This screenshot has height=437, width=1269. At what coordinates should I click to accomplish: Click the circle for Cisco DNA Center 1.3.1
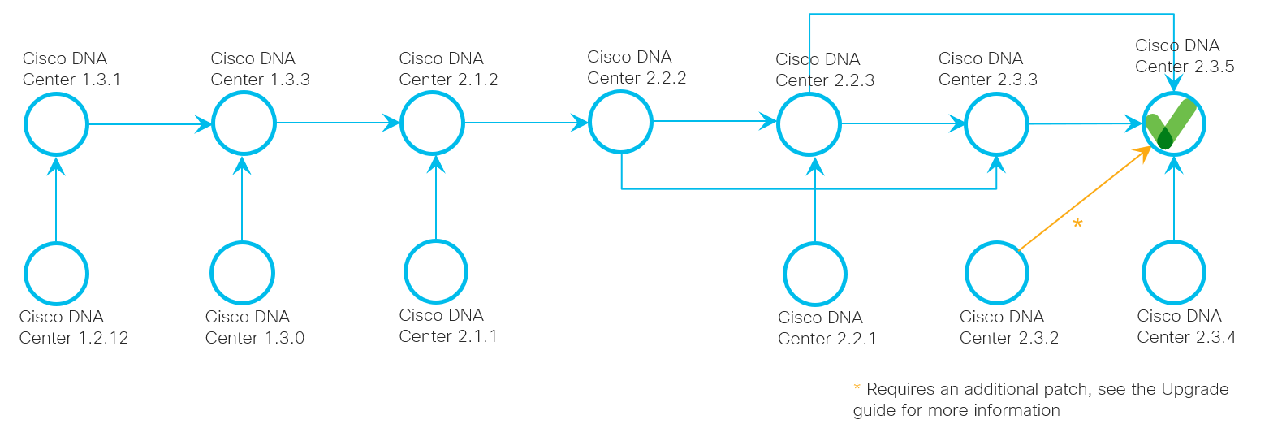click(55, 124)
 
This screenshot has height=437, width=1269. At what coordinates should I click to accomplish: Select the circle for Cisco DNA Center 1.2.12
click(55, 273)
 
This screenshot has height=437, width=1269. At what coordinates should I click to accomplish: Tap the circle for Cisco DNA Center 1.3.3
click(244, 124)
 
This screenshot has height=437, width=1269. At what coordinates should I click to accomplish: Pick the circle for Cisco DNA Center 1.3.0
click(242, 273)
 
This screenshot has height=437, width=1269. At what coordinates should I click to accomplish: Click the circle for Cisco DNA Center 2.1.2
click(432, 123)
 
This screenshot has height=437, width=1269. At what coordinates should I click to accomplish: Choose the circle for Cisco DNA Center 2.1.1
click(436, 271)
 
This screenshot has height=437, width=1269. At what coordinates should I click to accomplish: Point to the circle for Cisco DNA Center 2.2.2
click(620, 122)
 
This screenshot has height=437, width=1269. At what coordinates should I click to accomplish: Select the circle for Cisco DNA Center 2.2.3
click(809, 124)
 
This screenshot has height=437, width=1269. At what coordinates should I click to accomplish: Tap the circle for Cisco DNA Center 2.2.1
click(815, 274)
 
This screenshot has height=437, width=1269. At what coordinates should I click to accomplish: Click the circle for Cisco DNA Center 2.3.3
click(996, 124)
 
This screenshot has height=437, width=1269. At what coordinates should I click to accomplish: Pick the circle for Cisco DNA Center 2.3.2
click(997, 273)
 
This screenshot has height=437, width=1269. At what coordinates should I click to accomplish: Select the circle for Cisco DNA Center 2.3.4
click(1174, 272)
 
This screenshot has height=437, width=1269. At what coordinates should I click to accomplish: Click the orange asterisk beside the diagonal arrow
click(1077, 223)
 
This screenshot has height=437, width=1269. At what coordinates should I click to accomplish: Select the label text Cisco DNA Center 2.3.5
click(1185, 56)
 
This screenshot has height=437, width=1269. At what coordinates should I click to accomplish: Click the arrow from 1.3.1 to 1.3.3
click(146, 124)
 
